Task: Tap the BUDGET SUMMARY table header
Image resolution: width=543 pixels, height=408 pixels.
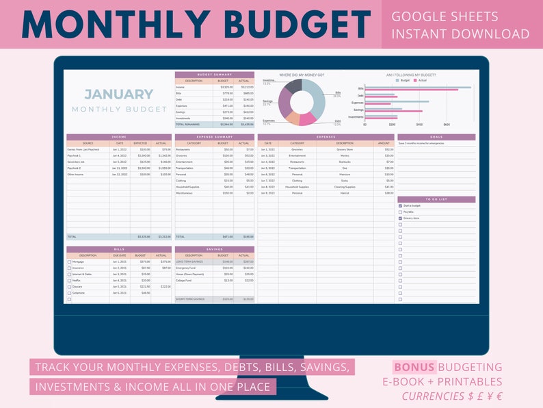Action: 214,74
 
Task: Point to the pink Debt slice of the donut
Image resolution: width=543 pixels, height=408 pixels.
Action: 306,118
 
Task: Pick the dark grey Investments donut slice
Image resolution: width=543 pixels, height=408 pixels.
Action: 293,86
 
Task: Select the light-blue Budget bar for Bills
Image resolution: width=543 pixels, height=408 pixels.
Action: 417,87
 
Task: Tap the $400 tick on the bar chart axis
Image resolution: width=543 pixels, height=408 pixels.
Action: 419,125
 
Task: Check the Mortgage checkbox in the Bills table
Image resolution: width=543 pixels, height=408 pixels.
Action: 69,262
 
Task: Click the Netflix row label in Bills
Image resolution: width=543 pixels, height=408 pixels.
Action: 76,281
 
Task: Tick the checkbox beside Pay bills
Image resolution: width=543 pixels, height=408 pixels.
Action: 400,212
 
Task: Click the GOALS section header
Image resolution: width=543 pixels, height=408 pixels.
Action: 436,137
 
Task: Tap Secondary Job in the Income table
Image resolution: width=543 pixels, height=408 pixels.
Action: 77,162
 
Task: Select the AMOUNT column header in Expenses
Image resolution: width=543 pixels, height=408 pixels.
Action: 383,143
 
